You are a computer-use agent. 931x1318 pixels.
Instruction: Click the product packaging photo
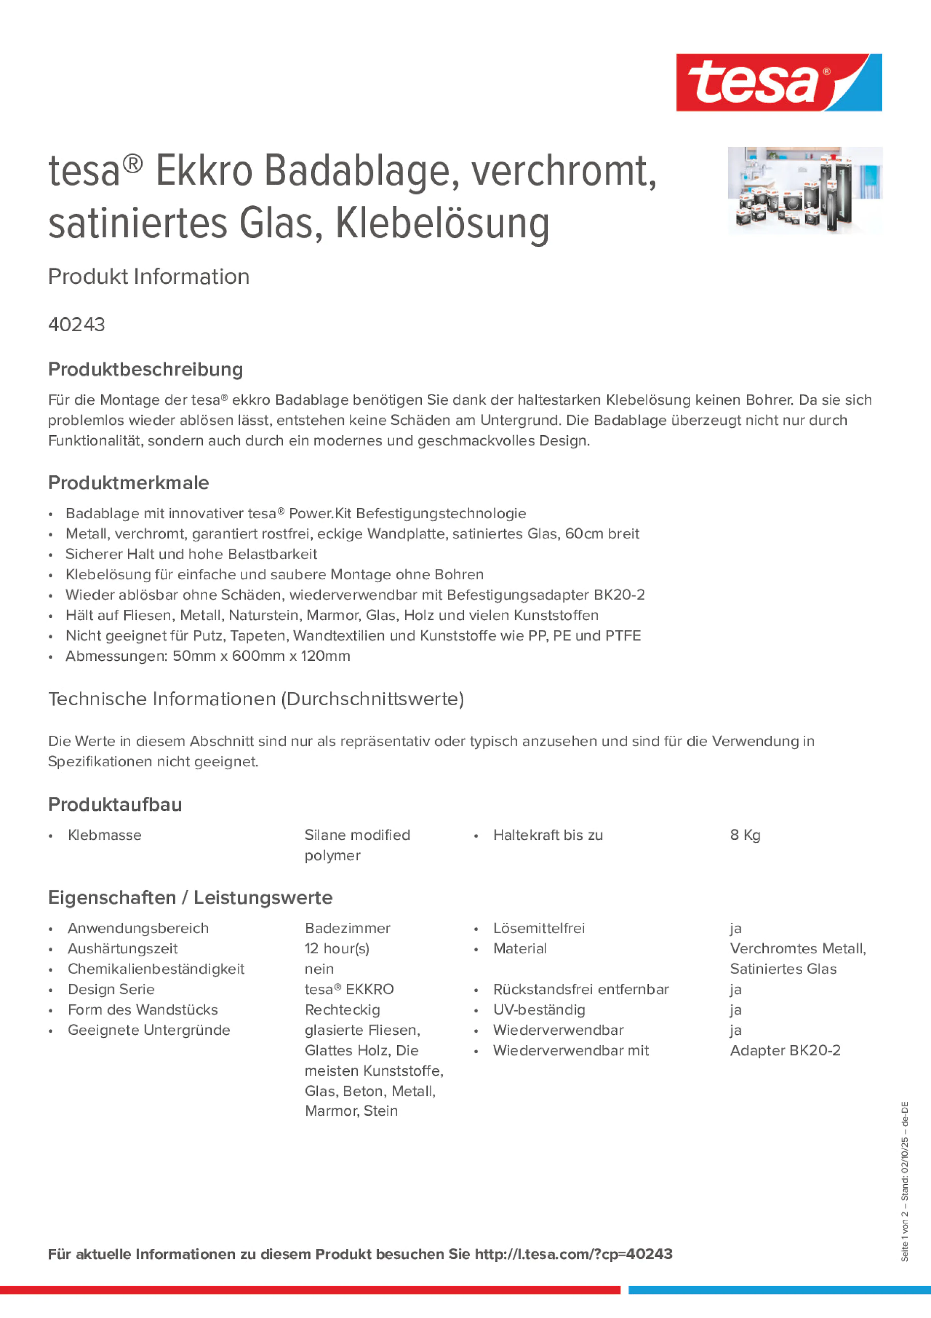click(x=805, y=190)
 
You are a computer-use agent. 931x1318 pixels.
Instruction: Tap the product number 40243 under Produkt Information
click(x=77, y=325)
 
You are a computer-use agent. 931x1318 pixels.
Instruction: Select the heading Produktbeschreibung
click(x=146, y=370)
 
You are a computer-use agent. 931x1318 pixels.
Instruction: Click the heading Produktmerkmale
click(x=129, y=483)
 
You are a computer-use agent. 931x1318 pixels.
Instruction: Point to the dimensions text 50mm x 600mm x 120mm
click(x=261, y=656)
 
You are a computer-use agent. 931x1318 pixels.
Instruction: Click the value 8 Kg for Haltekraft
click(x=745, y=835)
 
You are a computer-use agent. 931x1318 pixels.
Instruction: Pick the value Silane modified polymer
click(x=357, y=845)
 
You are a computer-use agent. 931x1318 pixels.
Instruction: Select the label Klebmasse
click(x=105, y=835)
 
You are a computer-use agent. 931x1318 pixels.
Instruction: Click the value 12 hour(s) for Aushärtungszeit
click(x=337, y=949)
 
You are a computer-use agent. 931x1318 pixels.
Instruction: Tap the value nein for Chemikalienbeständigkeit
click(x=319, y=969)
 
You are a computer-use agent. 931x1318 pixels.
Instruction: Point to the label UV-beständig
click(x=539, y=1010)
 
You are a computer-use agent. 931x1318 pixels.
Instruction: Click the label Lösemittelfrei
click(x=539, y=928)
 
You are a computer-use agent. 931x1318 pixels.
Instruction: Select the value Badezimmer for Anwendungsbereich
click(x=347, y=928)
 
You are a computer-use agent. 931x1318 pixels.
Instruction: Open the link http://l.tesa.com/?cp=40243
click(x=573, y=1254)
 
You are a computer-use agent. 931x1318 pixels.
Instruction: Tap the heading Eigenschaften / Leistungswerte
click(x=190, y=898)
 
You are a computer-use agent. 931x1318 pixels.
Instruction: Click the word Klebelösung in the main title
click(x=443, y=224)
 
